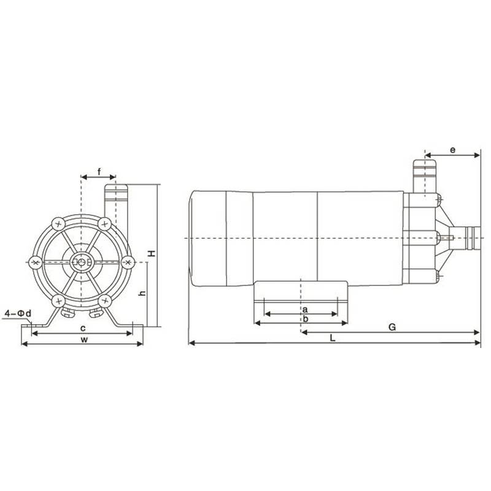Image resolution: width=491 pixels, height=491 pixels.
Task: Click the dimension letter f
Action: point(98,171)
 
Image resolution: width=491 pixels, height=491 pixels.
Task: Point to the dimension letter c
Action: point(82,328)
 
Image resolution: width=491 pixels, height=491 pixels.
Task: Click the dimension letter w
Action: point(82,339)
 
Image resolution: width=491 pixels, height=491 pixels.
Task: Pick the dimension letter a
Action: point(304,309)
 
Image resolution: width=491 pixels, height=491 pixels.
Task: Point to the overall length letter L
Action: point(332,338)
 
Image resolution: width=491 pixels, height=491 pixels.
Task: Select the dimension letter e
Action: point(452,149)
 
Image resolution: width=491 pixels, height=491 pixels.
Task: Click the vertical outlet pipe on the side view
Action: point(423,175)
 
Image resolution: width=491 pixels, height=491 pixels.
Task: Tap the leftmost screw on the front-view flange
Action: point(36,262)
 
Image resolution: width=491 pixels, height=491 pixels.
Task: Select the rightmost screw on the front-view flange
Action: point(127,262)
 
